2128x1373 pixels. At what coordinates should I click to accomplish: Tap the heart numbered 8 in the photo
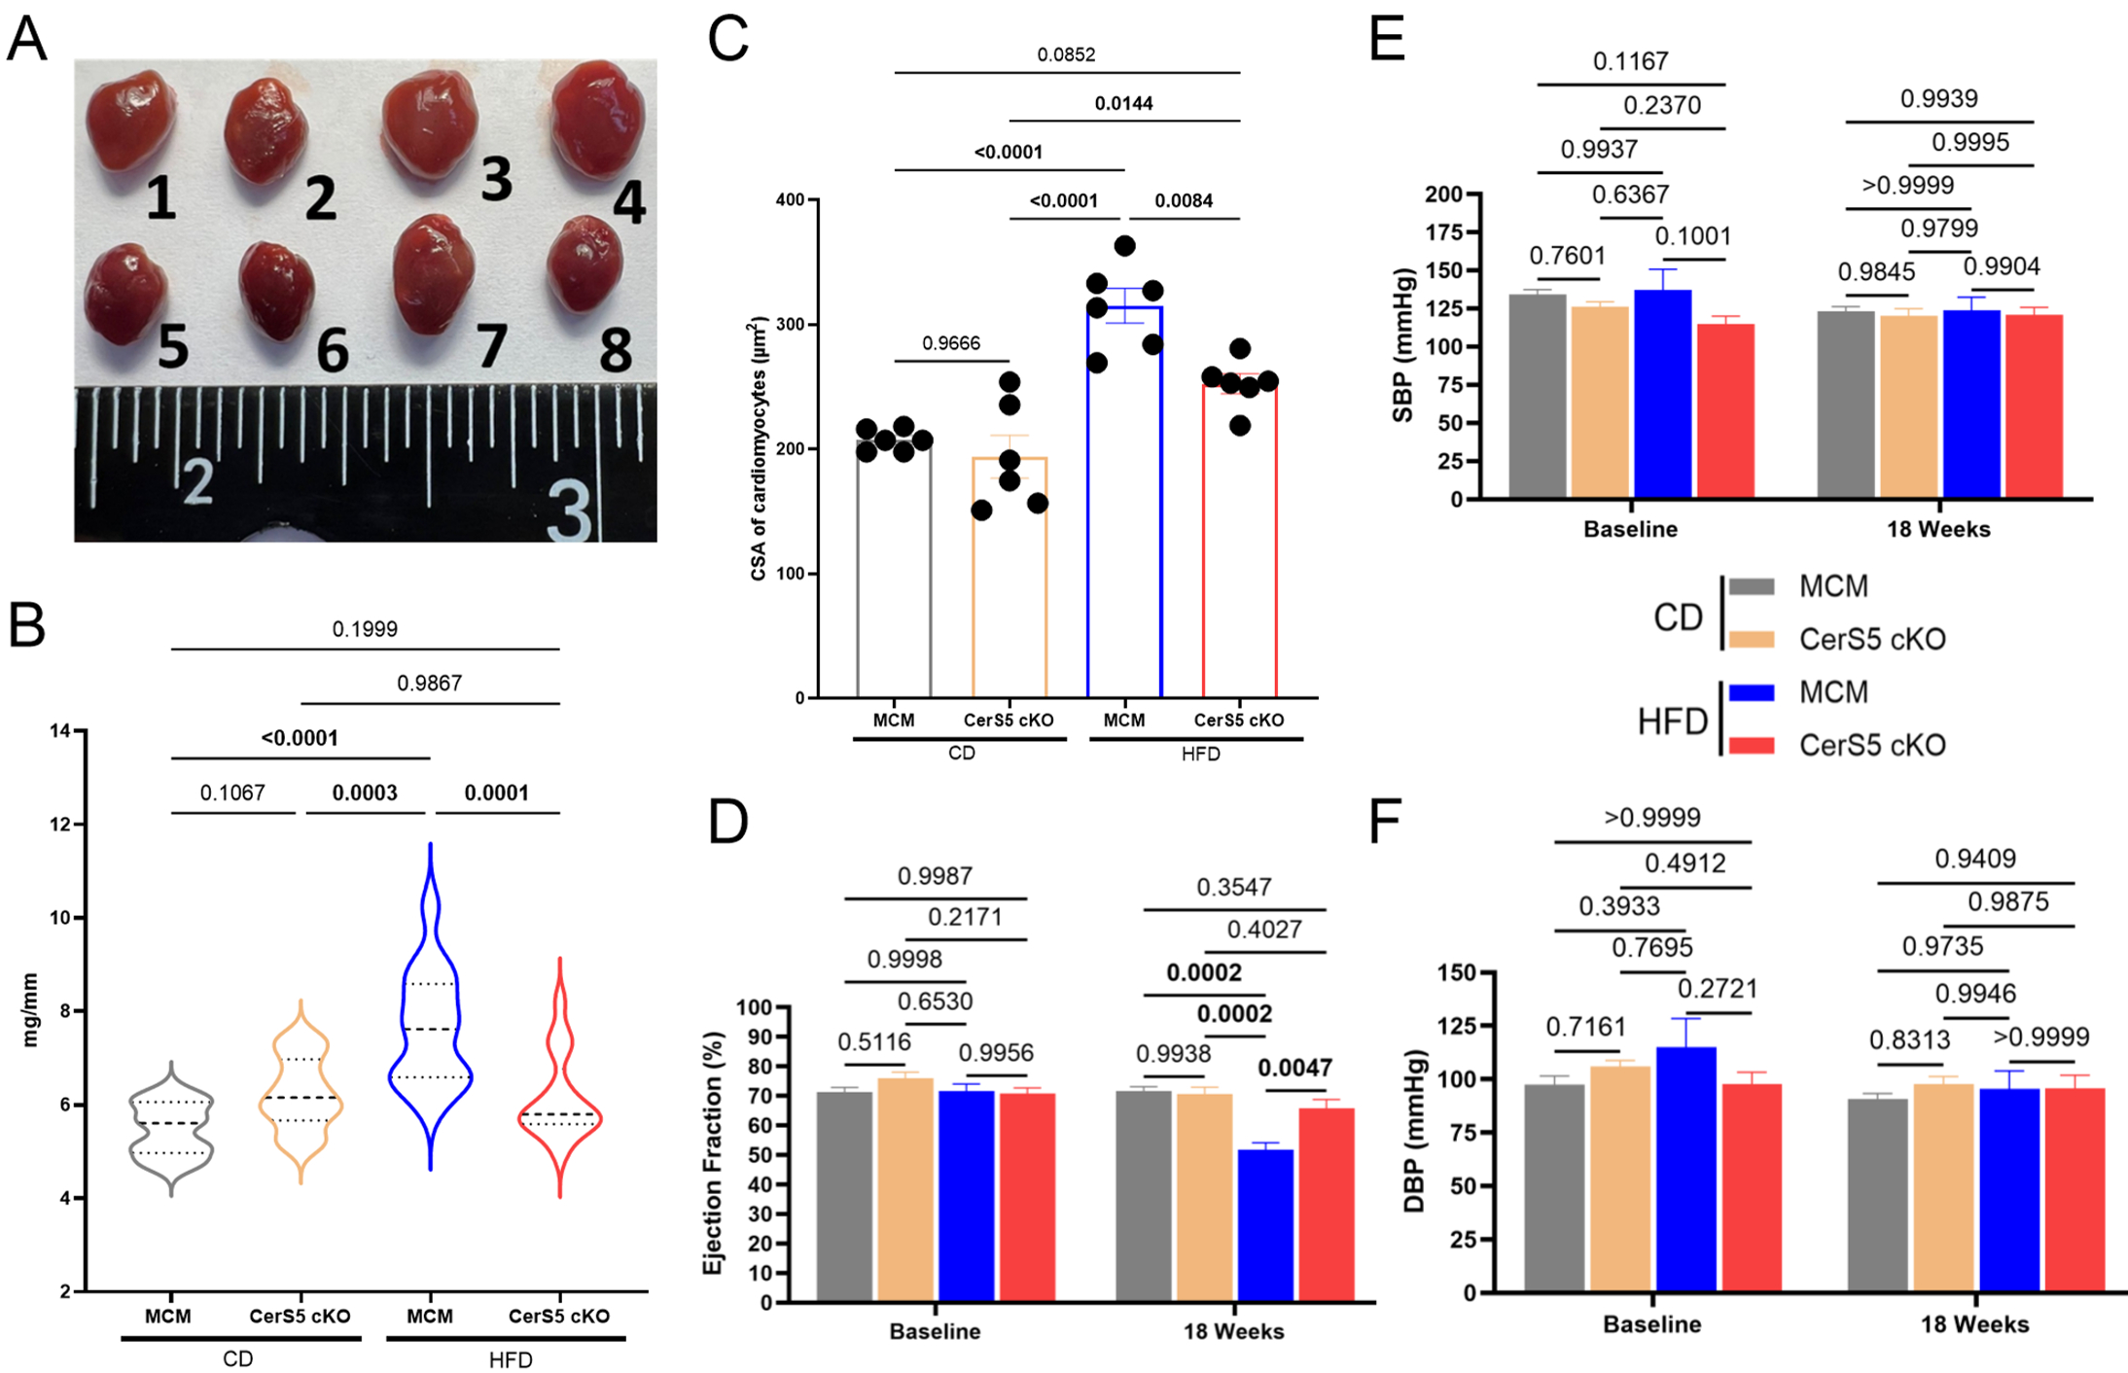tap(585, 263)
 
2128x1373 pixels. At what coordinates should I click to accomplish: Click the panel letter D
tap(728, 822)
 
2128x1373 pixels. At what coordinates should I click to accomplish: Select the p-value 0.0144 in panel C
tap(1123, 103)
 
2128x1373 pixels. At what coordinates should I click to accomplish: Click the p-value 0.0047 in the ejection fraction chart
tap(1295, 1068)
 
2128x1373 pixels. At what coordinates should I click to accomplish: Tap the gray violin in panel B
tap(171, 1128)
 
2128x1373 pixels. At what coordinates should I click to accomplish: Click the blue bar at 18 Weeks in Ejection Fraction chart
tap(1264, 1225)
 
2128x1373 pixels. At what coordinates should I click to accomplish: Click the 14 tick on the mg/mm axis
tap(60, 731)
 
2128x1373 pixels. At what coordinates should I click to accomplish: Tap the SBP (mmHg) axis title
tap(1402, 345)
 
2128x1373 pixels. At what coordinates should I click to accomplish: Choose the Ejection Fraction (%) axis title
tap(713, 1152)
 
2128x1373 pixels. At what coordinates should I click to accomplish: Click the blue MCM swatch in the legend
tap(1752, 692)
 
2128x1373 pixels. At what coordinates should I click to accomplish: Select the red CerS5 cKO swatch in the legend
tap(1752, 746)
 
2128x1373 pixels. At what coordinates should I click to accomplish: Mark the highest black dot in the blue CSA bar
tap(1124, 245)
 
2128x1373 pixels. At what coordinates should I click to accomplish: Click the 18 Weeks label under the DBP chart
tap(1974, 1324)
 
